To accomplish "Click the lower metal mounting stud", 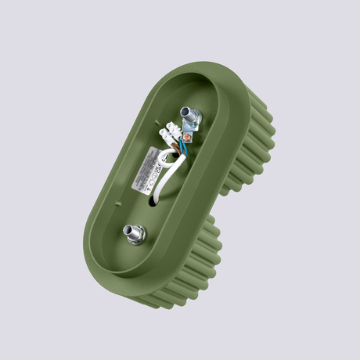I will point(131,231).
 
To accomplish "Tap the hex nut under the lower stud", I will point(132,236).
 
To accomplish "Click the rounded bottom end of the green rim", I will point(125,278).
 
